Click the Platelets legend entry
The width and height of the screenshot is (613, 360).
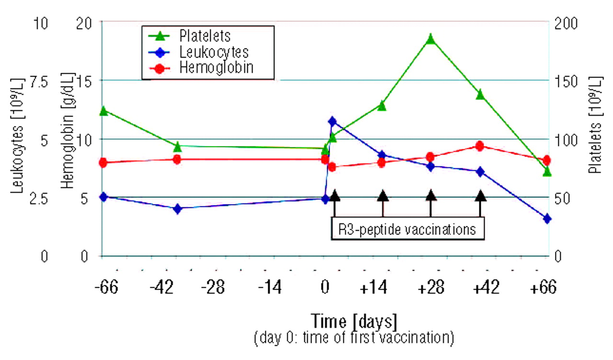coord(206,36)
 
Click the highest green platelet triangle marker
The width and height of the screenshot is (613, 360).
coord(431,39)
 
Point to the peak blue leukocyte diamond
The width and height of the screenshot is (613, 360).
coord(332,122)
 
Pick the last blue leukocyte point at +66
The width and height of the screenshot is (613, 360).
coord(547,219)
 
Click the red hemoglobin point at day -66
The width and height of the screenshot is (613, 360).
coord(102,163)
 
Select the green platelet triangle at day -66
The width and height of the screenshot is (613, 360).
coord(102,111)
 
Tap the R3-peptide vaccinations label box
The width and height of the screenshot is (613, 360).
coord(407,229)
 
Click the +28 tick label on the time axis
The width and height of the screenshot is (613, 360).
coord(431,288)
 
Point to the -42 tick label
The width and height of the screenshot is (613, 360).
coord(164,288)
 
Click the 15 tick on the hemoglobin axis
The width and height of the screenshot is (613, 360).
coord(86,81)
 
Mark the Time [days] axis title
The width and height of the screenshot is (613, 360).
coord(354,320)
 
